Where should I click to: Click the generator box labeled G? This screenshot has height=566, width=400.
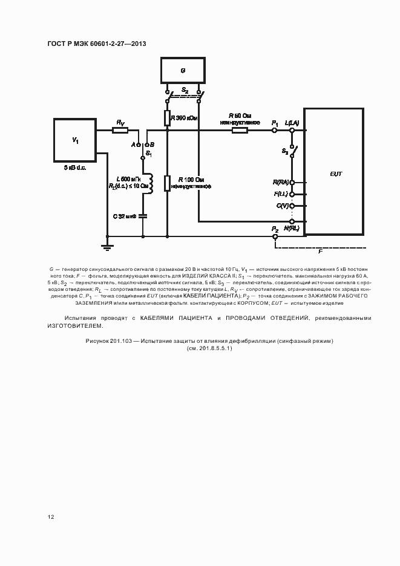(x=183, y=70)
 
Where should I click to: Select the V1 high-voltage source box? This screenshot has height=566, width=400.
(x=75, y=140)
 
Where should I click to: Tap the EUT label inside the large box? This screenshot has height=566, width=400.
(x=336, y=174)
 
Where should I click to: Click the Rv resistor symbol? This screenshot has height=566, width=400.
(x=120, y=129)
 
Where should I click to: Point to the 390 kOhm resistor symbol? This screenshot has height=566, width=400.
(x=168, y=117)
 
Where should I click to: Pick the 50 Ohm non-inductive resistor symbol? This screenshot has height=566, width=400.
(x=240, y=129)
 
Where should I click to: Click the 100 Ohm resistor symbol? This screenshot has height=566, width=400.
(x=168, y=183)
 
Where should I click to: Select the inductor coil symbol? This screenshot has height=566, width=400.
(x=145, y=183)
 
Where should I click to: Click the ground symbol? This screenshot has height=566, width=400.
(x=107, y=246)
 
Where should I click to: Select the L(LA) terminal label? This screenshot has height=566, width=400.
(x=292, y=123)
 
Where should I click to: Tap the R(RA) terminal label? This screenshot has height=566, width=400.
(x=281, y=182)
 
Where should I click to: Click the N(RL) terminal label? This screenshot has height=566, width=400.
(x=291, y=229)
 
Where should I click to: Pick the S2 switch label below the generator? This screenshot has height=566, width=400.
(x=185, y=90)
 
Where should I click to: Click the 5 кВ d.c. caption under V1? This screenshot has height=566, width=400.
(x=75, y=167)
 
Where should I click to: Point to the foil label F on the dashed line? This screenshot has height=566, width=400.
(x=321, y=249)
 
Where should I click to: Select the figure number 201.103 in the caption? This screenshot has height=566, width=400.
(x=123, y=341)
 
